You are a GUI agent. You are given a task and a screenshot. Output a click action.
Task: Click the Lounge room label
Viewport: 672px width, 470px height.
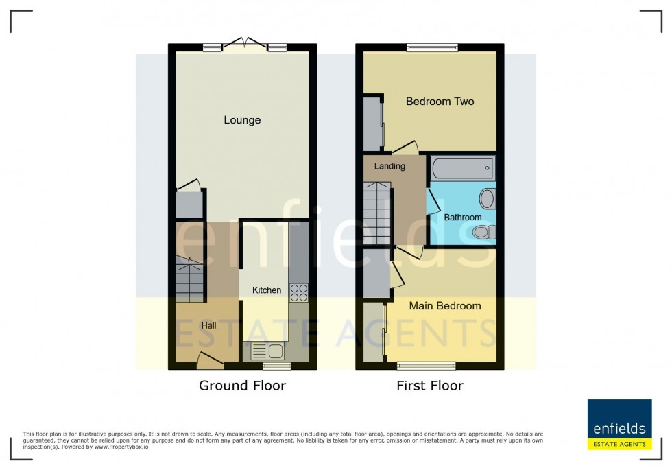tap(242, 120)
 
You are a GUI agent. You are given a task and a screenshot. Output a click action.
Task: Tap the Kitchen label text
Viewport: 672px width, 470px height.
tap(267, 290)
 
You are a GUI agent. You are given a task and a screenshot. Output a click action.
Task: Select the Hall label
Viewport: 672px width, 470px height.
tap(208, 325)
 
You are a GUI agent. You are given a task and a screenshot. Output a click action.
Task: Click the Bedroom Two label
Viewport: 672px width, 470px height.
tap(440, 102)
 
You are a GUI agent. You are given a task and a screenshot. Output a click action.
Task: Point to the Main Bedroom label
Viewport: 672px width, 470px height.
tap(445, 305)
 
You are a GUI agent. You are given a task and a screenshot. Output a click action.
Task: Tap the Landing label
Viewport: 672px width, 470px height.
tap(389, 166)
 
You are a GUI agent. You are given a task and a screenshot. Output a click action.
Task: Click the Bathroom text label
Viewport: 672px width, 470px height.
tap(462, 218)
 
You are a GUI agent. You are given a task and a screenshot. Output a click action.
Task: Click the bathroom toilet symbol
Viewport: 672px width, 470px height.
tap(485, 233)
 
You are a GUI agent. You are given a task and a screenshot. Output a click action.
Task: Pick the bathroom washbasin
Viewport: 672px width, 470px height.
tap(487, 200)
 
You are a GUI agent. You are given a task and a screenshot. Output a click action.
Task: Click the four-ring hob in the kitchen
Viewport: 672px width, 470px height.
tap(298, 293)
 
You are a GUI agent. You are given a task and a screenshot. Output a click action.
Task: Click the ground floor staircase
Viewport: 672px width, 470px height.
tap(190, 279)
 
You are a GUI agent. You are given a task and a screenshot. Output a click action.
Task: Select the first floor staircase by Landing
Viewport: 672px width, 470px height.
tap(377, 213)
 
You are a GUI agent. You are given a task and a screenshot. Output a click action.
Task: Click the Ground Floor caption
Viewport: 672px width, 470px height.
tap(242, 386)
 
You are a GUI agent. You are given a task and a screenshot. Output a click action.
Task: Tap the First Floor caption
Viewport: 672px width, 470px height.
tap(429, 386)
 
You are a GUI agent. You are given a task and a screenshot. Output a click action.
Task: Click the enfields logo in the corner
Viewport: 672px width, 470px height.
tap(619, 424)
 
